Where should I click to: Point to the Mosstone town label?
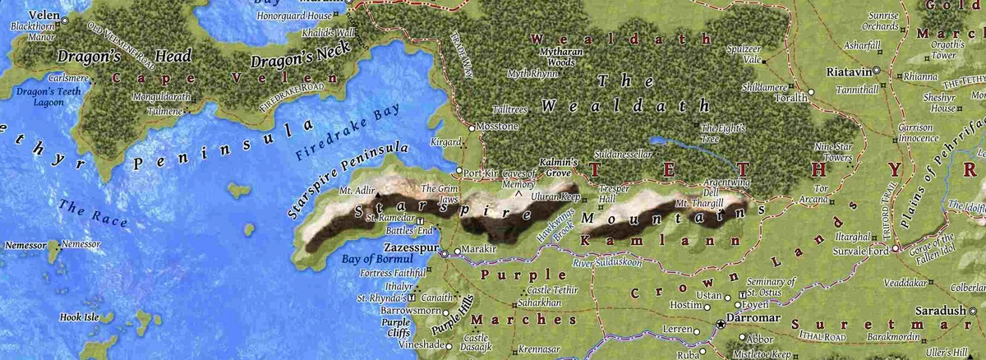(x=498, y=127)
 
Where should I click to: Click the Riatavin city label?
(x=847, y=72)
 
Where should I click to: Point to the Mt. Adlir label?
(x=357, y=191)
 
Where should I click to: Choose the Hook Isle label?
(x=79, y=316)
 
